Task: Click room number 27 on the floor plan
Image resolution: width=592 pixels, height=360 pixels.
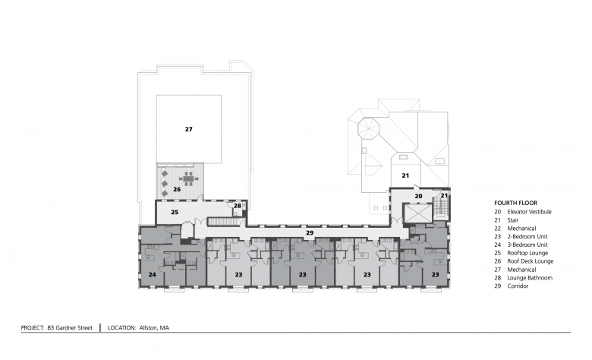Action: (188, 129)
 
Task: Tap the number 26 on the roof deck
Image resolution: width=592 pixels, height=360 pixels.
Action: (177, 189)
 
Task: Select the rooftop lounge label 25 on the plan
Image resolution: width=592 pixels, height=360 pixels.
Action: (175, 213)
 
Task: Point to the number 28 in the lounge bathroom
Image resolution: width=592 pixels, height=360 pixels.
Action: (237, 206)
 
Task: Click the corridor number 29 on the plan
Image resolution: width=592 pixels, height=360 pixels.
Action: (310, 232)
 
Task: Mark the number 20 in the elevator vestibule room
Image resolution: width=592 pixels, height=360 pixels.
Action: (418, 196)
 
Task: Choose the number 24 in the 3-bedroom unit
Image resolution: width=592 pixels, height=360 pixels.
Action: (152, 275)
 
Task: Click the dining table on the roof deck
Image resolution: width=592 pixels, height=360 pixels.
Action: (188, 178)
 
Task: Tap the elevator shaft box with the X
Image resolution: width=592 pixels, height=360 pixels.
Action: (417, 214)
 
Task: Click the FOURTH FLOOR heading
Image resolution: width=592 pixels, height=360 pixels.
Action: (516, 203)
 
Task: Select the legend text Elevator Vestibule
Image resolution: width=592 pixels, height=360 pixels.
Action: (529, 212)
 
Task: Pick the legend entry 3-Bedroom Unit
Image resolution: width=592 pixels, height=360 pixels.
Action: (527, 245)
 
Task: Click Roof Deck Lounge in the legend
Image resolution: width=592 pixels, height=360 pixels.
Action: (530, 261)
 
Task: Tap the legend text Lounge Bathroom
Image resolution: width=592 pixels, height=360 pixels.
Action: (530, 278)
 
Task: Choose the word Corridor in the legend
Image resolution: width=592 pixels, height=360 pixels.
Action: (518, 286)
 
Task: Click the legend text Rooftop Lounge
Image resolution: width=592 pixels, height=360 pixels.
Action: (527, 253)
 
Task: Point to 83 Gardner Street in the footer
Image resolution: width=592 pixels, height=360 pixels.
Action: (70, 328)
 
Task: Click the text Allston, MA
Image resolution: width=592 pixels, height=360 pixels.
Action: (154, 328)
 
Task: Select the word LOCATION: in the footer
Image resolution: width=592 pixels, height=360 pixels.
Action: (121, 328)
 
